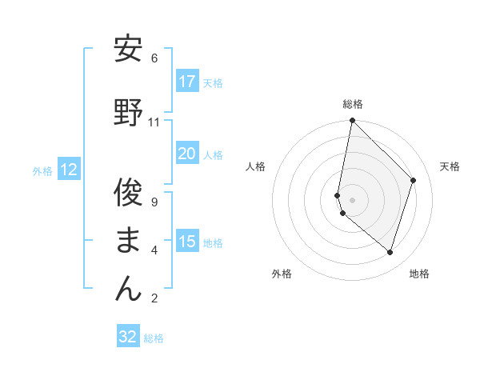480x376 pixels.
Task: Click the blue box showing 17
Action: [x=187, y=82]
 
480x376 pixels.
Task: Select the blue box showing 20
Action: [x=187, y=154]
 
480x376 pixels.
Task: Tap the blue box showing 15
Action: [x=187, y=242]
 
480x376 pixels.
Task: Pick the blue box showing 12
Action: [x=69, y=170]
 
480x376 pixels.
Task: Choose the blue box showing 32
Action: [x=128, y=337]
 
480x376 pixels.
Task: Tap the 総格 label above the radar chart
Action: [x=353, y=104]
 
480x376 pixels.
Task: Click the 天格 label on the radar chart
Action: [x=450, y=166]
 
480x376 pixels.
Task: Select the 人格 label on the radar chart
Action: [x=255, y=166]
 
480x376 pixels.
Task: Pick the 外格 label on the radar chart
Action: [x=282, y=274]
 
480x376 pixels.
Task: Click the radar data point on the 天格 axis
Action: [x=414, y=180]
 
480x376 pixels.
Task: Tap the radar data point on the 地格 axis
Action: [x=390, y=252]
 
